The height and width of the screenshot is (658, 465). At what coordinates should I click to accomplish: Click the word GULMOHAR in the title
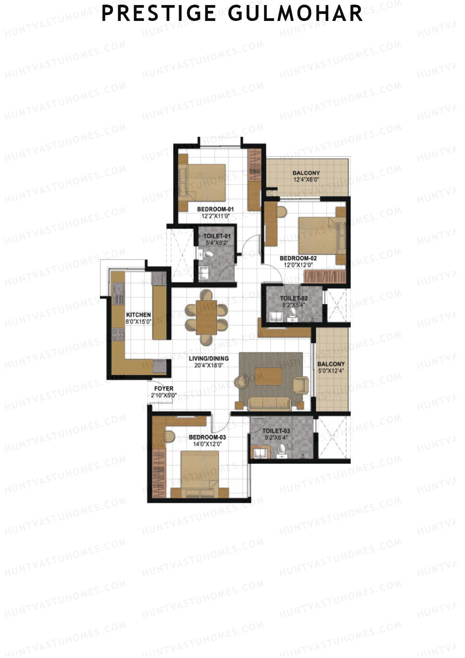pyautogui.click(x=295, y=14)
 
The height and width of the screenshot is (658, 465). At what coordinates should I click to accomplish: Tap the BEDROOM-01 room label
pyautogui.click(x=215, y=209)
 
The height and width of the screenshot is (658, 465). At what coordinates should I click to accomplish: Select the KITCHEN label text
pyautogui.click(x=138, y=315)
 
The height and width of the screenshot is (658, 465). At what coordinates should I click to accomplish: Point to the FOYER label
pyautogui.click(x=164, y=389)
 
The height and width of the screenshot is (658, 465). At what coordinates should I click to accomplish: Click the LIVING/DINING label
pyautogui.click(x=209, y=359)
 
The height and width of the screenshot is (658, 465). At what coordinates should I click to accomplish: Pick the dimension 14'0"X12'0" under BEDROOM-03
pyautogui.click(x=207, y=444)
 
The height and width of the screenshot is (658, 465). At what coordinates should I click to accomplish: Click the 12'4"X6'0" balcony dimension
pyautogui.click(x=306, y=180)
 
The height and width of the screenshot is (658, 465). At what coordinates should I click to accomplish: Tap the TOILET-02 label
pyautogui.click(x=294, y=298)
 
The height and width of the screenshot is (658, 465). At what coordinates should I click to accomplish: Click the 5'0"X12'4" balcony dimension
pyautogui.click(x=331, y=371)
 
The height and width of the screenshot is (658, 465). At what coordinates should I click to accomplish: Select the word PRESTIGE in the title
pyautogui.click(x=159, y=14)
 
